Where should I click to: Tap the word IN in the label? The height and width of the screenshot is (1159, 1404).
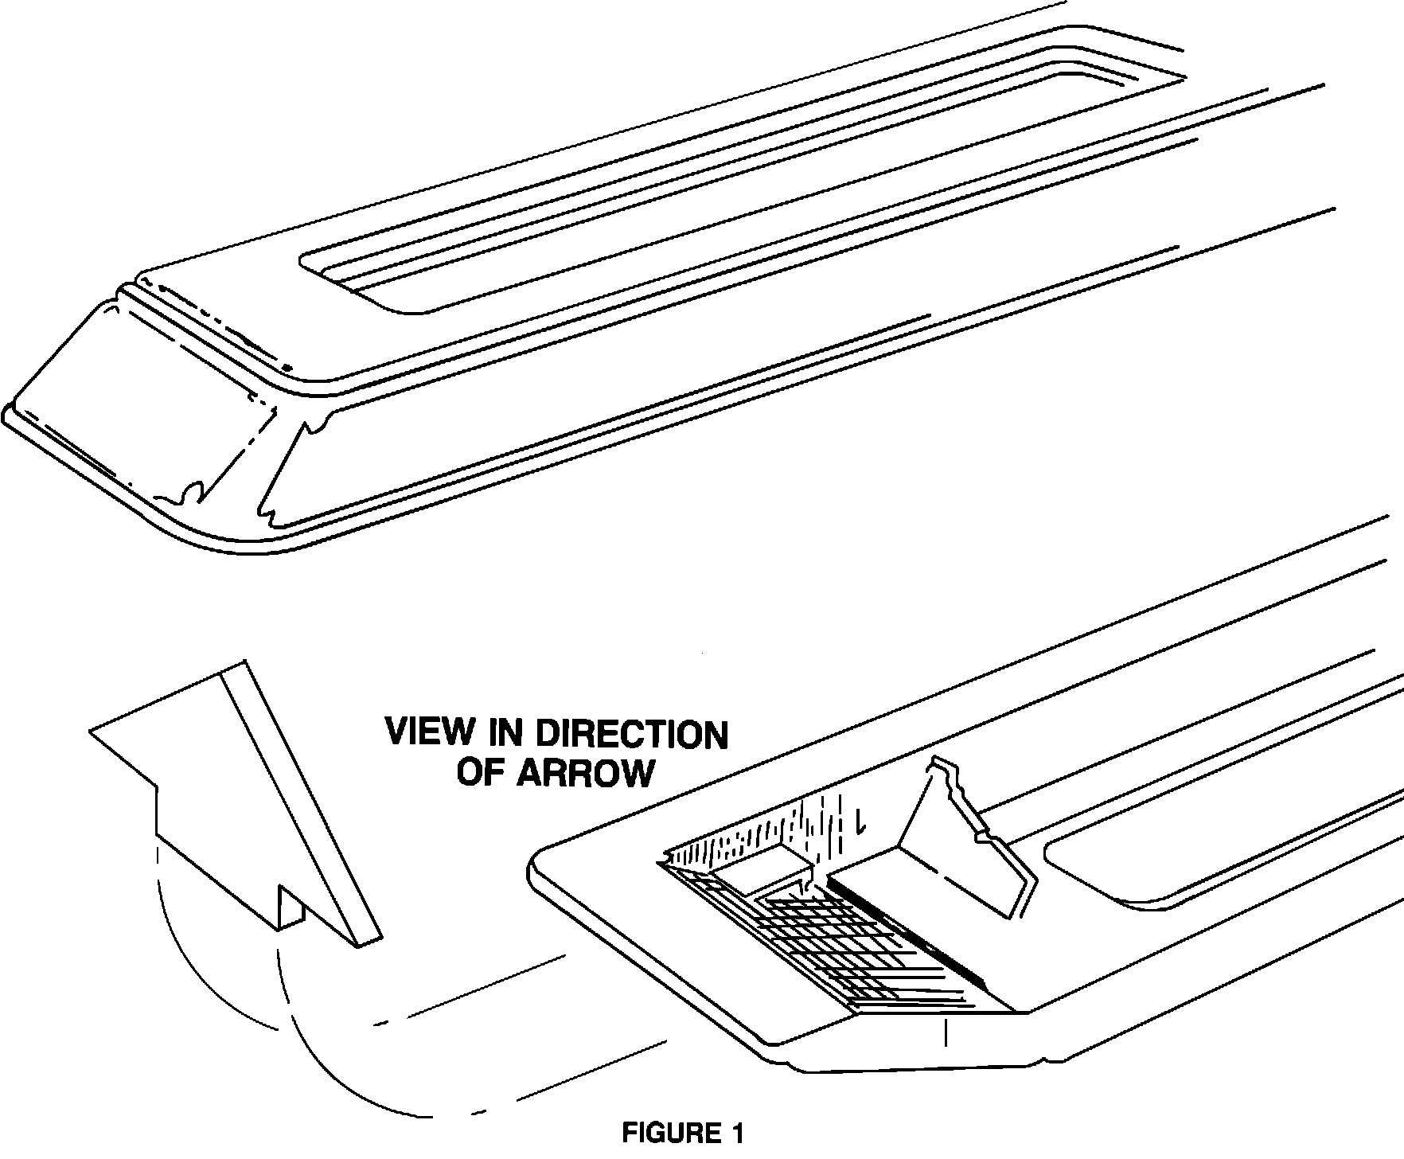click(x=507, y=732)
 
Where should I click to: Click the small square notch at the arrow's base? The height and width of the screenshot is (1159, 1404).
click(x=290, y=907)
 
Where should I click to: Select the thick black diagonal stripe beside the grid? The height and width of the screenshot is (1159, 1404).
click(x=915, y=931)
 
